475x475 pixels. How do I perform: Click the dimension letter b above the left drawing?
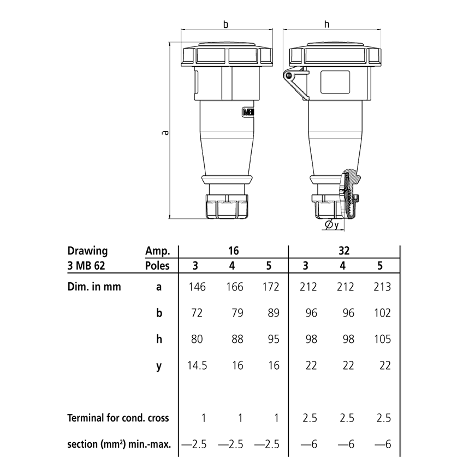click(225, 25)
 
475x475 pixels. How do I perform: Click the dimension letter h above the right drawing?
click(326, 25)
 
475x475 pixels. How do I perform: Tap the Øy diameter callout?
click(331, 224)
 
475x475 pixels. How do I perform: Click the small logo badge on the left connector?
click(248, 112)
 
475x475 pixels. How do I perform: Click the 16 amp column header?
click(234, 251)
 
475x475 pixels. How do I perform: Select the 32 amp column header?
click(345, 251)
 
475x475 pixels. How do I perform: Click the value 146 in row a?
click(197, 287)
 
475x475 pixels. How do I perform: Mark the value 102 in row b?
click(383, 313)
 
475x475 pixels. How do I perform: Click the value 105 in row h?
click(383, 339)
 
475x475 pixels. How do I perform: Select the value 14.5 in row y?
click(197, 365)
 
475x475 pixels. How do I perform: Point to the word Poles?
click(158, 266)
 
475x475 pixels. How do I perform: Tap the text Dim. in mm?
click(94, 286)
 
